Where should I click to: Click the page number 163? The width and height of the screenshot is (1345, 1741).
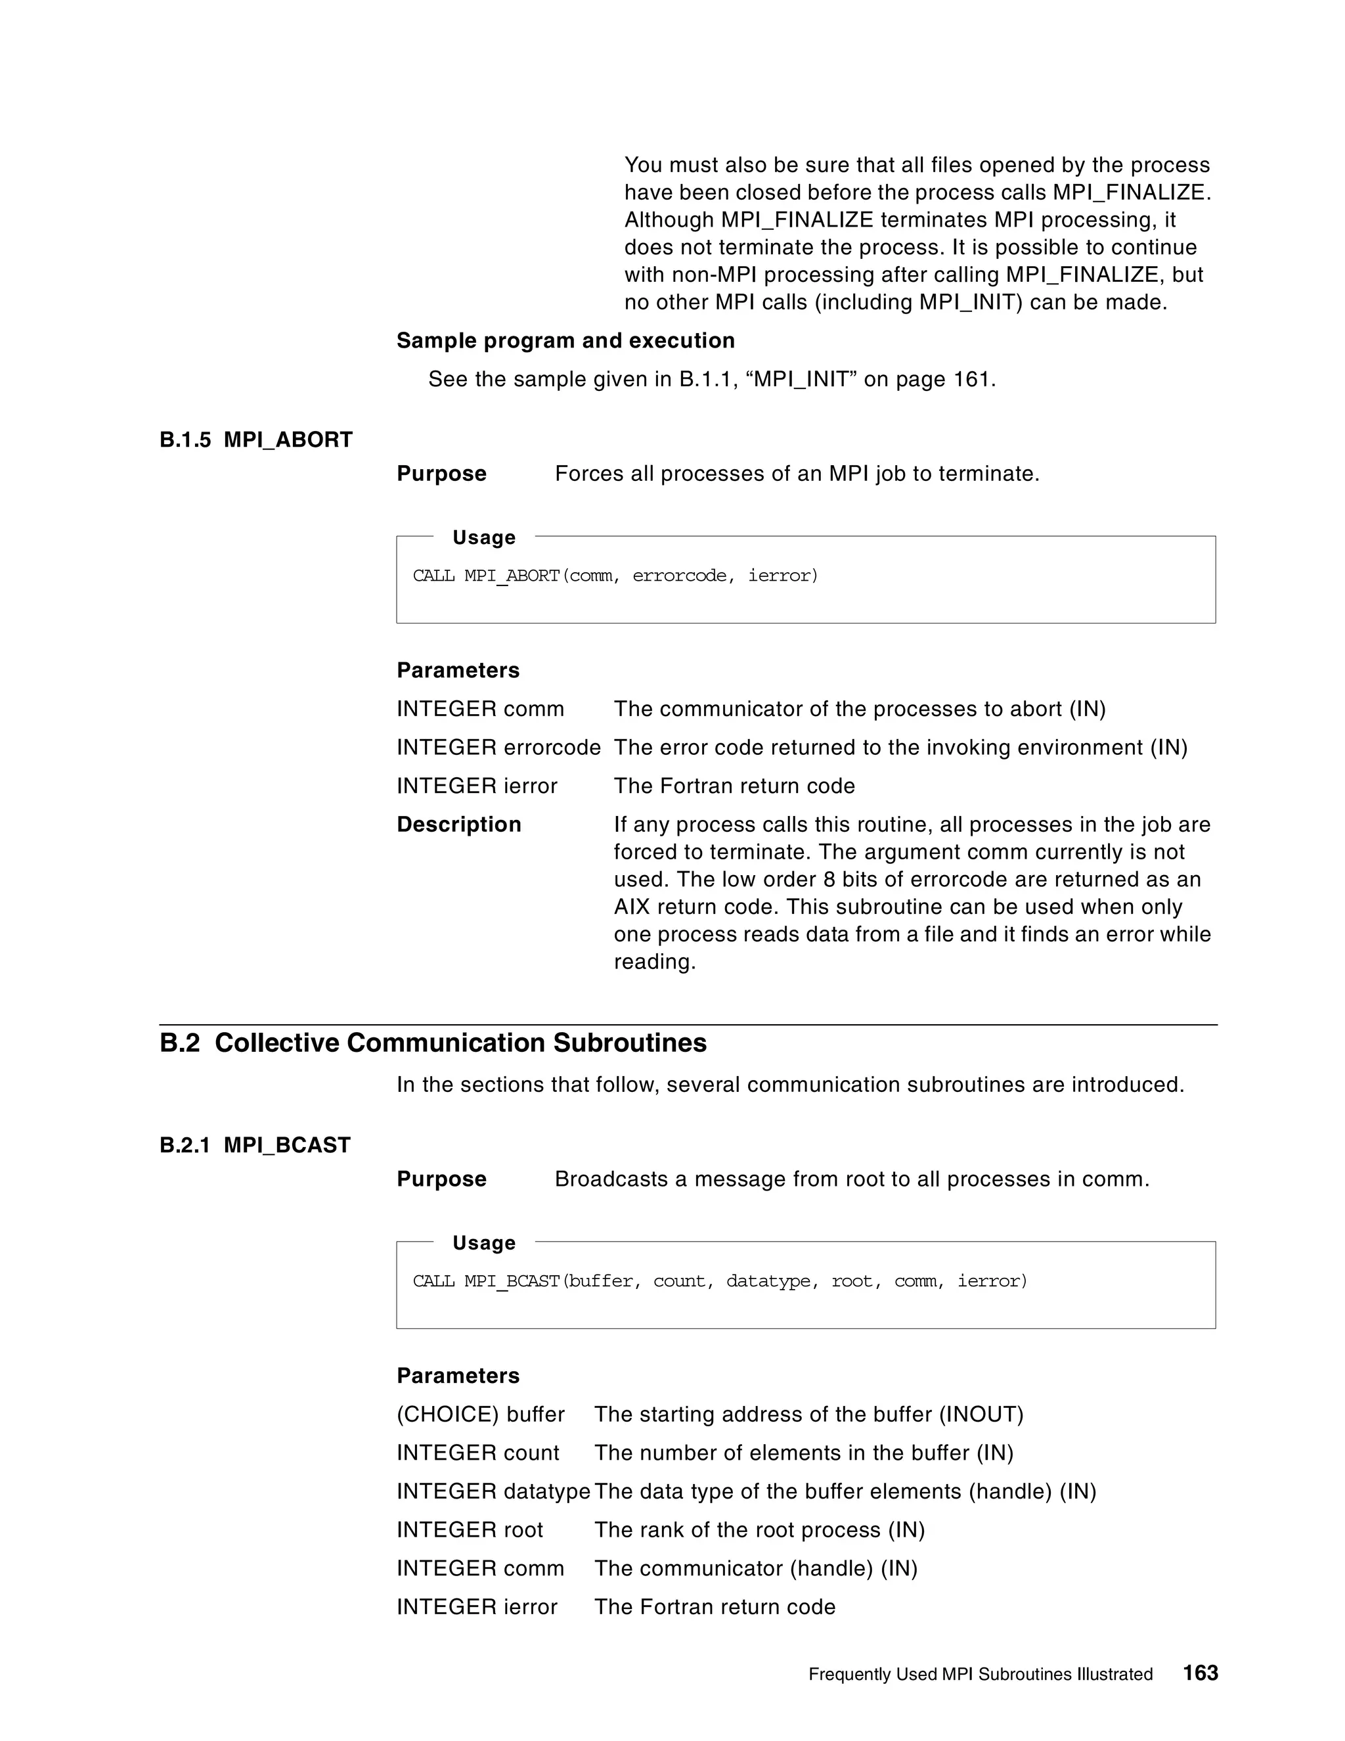coord(1200,1673)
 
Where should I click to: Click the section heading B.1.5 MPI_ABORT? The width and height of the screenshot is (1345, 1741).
coord(255,440)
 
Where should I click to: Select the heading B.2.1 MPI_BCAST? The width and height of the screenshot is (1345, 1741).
coord(255,1146)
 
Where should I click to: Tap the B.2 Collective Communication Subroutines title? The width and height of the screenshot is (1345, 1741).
coord(433,1043)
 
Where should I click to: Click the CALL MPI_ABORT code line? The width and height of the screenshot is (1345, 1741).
coord(615,576)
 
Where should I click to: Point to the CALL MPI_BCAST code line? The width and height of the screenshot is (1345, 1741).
coord(720,1281)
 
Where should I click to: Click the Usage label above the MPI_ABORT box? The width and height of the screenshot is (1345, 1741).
coord(483,537)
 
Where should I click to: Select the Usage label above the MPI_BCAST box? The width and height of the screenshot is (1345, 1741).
coord(483,1243)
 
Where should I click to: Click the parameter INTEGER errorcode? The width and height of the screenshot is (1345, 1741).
coord(498,748)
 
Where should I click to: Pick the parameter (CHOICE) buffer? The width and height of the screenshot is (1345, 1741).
coord(481,1414)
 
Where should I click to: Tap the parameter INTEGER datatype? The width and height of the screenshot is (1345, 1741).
coord(493,1491)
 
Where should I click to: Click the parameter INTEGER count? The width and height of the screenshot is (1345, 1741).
coord(478,1453)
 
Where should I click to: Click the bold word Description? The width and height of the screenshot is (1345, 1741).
coord(459,825)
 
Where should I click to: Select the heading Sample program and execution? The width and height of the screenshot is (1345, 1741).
coord(565,340)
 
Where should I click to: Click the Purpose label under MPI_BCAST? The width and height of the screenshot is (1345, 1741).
coord(441,1179)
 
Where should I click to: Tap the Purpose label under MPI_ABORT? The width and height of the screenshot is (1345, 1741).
coord(441,474)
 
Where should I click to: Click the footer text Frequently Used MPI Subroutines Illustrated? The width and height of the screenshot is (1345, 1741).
coord(980,1674)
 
